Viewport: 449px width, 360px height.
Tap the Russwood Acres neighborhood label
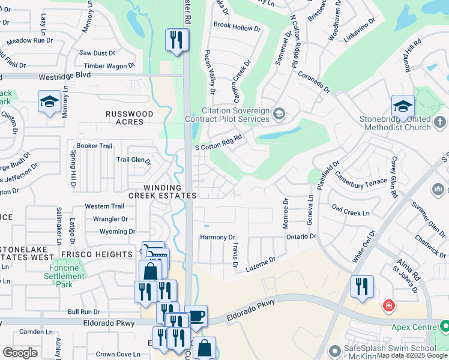click(129, 118)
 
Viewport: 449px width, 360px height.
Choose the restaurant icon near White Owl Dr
click(362, 287)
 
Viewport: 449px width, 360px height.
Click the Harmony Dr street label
click(217, 238)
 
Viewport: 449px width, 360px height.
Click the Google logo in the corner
click(20, 353)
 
